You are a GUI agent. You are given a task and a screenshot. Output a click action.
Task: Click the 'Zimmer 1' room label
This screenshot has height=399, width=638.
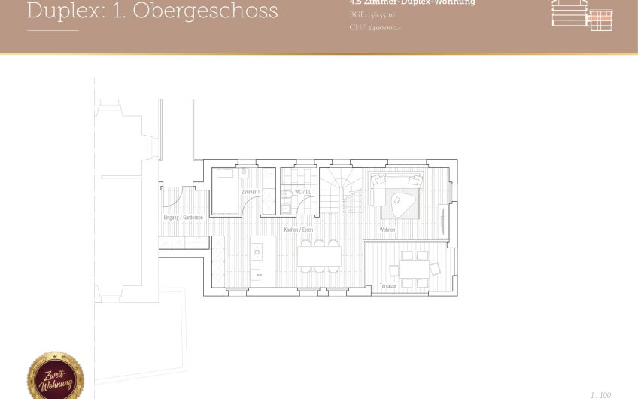point(251,193)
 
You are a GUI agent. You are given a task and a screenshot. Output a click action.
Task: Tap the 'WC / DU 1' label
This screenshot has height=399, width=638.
point(303,193)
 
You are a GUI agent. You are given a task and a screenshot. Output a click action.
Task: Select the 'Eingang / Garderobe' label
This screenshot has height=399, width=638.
point(184,218)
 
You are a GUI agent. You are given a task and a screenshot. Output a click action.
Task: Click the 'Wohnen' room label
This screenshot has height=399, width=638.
point(387,230)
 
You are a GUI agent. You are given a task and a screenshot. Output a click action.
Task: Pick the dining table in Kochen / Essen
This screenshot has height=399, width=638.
point(319,256)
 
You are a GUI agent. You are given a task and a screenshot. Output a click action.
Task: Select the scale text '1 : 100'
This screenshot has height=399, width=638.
point(600,394)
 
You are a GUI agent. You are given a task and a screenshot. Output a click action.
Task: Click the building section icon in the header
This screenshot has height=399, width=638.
point(582,14)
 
